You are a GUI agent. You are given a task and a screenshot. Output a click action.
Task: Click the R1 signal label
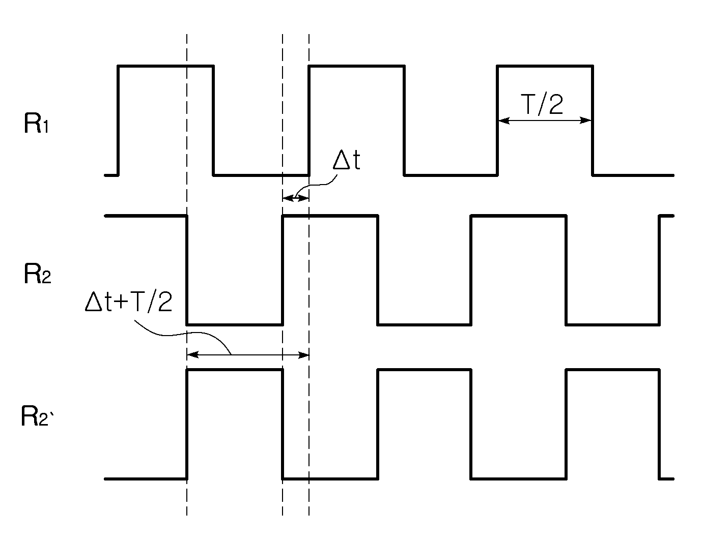[36, 124]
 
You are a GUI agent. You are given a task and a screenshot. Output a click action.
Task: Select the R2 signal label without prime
[37, 274]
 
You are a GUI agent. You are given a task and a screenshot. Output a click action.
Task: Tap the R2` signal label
[37, 416]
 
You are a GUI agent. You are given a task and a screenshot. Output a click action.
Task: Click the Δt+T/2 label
[128, 302]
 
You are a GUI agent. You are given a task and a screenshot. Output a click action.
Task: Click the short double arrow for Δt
[296, 198]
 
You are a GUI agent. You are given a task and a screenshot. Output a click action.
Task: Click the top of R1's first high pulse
[165, 66]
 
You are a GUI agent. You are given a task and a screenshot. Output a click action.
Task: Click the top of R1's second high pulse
[357, 66]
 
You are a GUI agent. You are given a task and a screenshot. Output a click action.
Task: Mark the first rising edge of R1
[118, 121]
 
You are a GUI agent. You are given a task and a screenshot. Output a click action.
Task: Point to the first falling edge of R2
[187, 270]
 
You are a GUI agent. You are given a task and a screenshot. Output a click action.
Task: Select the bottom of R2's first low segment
[235, 324]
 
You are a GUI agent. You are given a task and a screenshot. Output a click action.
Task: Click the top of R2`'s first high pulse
[235, 370]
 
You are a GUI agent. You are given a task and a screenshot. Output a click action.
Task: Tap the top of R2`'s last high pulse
[613, 370]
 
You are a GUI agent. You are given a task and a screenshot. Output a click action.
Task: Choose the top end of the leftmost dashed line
[187, 34]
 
